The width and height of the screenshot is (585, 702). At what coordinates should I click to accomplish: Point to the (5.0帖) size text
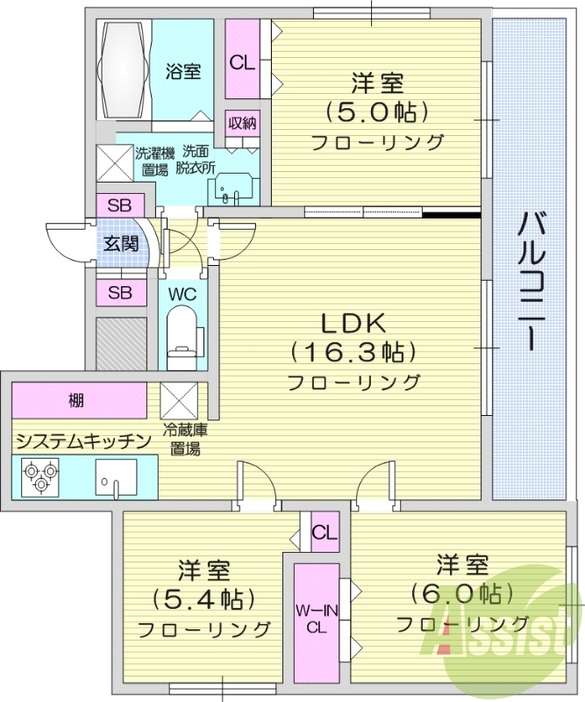click(377, 112)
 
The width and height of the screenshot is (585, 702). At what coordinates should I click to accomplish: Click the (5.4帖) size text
click(203, 599)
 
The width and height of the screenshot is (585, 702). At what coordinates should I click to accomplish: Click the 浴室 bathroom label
click(182, 70)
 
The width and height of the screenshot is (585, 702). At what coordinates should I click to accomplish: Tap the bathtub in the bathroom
click(126, 70)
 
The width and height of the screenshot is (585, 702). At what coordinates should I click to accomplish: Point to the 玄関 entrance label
click(120, 244)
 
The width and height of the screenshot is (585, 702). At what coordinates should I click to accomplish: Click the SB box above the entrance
click(120, 205)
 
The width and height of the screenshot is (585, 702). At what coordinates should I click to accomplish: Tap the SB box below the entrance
click(120, 292)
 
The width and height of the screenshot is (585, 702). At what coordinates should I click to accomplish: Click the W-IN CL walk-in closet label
click(316, 620)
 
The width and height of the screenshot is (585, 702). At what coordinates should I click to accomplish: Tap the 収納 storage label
click(242, 123)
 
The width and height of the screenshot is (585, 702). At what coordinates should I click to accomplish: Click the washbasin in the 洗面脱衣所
click(233, 188)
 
